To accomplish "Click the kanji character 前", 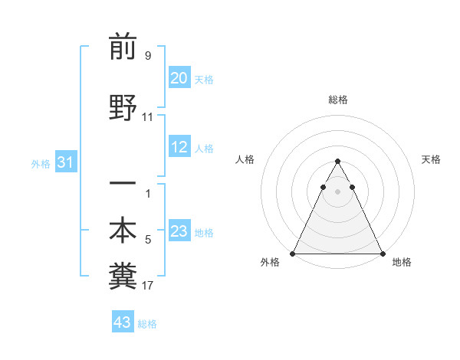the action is pos(123,47).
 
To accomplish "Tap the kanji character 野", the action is pos(123,110).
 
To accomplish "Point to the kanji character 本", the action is pos(123,231).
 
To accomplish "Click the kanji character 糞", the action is pos(123,277).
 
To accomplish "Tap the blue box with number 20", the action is pos(179,78).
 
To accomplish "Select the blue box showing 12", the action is pos(179,148).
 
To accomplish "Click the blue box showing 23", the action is pos(179,232).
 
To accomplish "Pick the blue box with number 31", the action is pos(64,162).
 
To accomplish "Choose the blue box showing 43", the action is pos(123,322).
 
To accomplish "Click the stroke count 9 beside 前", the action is pos(148,56).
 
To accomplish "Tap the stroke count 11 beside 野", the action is pos(148,118).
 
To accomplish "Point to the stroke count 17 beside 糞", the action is pos(148,286).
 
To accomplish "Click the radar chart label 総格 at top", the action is pos(337,100).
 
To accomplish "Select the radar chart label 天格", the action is pos(431,159).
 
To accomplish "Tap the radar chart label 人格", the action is pos(245,159).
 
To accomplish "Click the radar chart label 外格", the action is pos(270,262).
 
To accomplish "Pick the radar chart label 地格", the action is pos(402,262).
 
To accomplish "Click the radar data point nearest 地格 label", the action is pos(382,253).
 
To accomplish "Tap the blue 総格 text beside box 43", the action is pos(147,324).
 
